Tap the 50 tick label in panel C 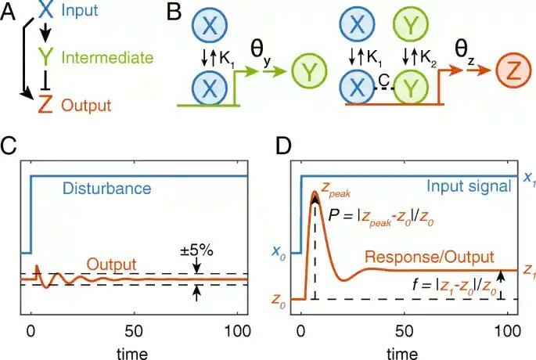point(134,329)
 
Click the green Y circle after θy point(308,75)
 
